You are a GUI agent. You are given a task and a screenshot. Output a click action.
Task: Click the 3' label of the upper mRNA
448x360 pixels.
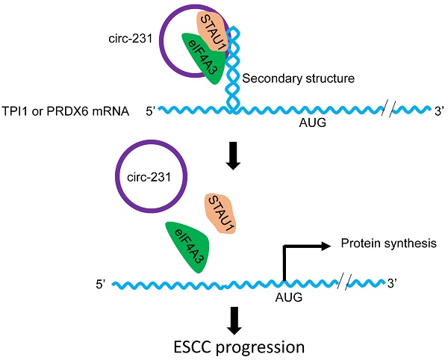pos(440,111)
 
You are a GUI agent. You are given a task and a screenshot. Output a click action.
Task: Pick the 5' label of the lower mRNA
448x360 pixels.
pos(102,285)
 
